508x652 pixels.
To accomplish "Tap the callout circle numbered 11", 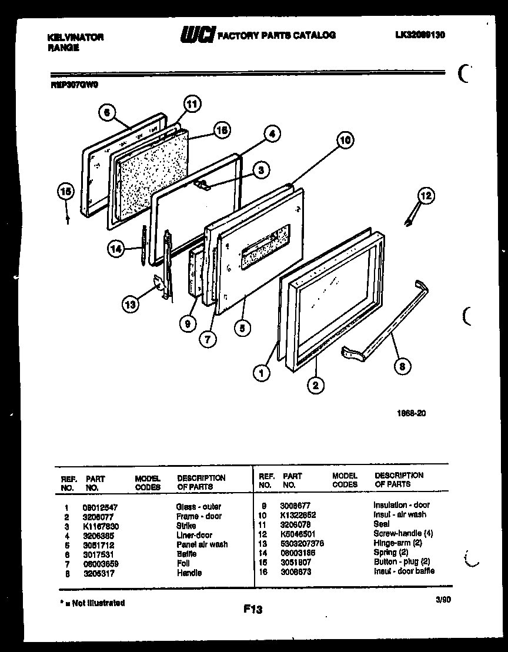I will point(192,105).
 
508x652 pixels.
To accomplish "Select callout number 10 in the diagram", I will point(346,140).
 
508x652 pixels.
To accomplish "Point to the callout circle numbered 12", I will point(426,196).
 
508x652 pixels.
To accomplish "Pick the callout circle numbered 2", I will point(316,385).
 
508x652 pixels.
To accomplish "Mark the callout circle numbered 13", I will point(132,304).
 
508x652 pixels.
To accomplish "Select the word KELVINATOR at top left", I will point(75,37).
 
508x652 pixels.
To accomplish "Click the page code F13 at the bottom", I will point(253,610).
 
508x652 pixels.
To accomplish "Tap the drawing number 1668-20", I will point(411,413).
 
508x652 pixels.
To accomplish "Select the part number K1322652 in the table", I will point(299,514).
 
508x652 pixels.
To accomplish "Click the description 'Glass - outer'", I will point(198,507).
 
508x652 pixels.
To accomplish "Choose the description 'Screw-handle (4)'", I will point(403,534).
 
